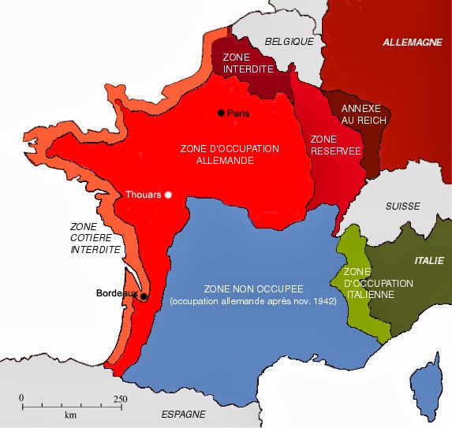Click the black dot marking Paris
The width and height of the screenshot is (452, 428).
point(222,114)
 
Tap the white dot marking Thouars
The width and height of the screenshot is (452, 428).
point(167,195)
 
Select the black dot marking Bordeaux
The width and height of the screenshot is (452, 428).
point(144,296)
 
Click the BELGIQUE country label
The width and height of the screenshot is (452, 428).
point(289,41)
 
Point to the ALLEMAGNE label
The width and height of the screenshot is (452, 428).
point(413,42)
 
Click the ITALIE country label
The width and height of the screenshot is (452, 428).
point(428,260)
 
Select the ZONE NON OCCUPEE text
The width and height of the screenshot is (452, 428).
point(253,288)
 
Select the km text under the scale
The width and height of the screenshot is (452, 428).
point(70,415)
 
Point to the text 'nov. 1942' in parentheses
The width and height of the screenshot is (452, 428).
point(313,301)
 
